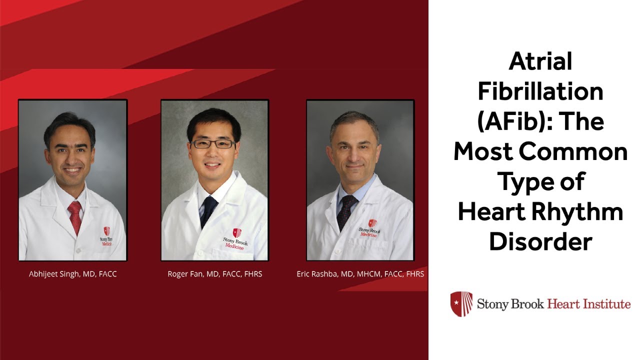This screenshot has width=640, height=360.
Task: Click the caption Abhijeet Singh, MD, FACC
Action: coord(73,274)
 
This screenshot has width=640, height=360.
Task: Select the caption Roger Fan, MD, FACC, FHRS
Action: coord(215,274)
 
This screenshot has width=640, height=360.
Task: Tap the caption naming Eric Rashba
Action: coord(360,274)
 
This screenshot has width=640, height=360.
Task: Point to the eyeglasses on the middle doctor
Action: coord(213,144)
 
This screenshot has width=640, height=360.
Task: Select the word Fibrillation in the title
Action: coord(540,92)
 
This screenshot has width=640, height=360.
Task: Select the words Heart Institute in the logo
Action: coord(589,303)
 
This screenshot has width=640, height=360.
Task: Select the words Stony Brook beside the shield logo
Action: coord(510,303)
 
